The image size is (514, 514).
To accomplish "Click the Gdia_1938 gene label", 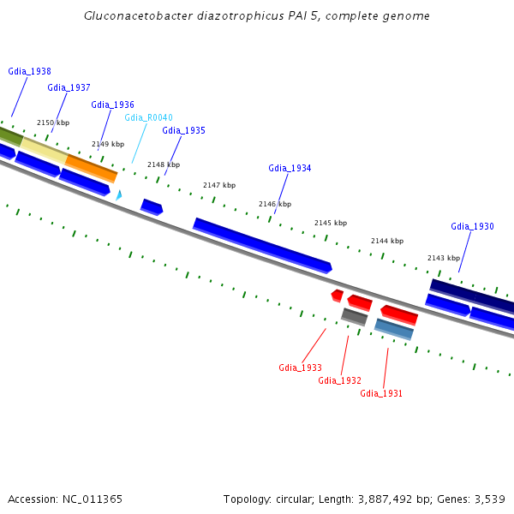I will (x=29, y=72).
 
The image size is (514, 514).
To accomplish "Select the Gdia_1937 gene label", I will (x=69, y=87).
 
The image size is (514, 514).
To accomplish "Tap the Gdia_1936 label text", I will (x=112, y=105).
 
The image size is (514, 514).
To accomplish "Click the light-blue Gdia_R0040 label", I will (x=148, y=117).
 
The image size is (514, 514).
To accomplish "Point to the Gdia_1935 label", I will (x=183, y=130).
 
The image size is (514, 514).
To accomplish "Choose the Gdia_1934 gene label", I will (x=290, y=168).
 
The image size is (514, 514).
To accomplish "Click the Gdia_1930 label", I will (x=472, y=226).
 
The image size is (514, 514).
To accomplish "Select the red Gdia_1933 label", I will (x=300, y=368).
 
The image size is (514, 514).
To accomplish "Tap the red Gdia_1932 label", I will (x=339, y=380).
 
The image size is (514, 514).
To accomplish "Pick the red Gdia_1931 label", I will (x=381, y=393).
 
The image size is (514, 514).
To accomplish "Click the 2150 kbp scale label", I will (x=52, y=123).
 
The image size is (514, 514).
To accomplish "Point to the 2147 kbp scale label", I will (x=218, y=185).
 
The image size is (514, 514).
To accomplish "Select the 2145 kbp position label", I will (x=331, y=223).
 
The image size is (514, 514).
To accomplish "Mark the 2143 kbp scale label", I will (x=444, y=258).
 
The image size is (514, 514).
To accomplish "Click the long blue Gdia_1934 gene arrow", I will (x=261, y=245).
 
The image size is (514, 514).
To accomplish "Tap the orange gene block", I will (x=91, y=168).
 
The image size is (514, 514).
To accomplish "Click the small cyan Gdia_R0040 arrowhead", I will (x=119, y=195).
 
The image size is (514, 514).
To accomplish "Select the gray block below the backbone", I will (x=354, y=317).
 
